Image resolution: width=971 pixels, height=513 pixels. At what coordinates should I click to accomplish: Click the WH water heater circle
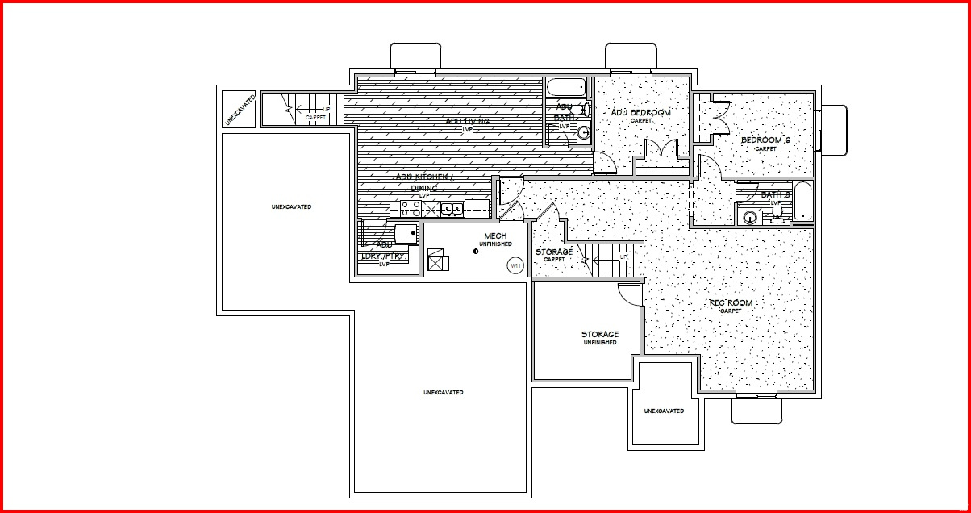pos(514,264)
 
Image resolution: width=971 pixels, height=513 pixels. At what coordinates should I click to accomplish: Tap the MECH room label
pos(495,236)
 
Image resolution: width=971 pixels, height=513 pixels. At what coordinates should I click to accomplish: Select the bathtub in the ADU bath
pos(568,87)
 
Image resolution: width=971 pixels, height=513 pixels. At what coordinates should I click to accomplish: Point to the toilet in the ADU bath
pos(583,108)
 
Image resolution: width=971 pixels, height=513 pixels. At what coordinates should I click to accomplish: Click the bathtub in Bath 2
pos(803,201)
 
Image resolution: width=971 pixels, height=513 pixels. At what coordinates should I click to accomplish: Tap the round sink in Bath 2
pos(751,217)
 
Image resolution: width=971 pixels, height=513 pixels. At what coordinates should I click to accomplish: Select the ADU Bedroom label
pos(640,113)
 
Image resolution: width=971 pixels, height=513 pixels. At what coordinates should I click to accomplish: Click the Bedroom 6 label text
pos(765,141)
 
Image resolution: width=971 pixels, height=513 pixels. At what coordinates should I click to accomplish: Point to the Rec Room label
pos(731,303)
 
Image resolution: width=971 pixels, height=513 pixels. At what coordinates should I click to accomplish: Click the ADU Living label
pos(468,122)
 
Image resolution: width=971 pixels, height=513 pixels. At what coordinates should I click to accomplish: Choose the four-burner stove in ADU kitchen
pos(406,209)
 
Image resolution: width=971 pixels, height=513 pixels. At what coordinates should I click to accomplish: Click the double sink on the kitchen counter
pos(451,209)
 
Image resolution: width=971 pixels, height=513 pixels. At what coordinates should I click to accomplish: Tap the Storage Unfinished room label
pos(600,334)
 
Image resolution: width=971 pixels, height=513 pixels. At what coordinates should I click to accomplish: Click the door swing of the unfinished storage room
pos(631,294)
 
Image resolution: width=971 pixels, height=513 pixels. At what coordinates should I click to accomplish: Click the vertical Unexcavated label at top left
pos(240,108)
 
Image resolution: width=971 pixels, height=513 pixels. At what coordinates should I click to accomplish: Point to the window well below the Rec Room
pos(756,410)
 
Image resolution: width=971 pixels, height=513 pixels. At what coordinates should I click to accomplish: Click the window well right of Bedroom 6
pos(834,130)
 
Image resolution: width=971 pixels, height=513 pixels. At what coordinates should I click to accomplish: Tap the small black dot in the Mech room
pos(476,251)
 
